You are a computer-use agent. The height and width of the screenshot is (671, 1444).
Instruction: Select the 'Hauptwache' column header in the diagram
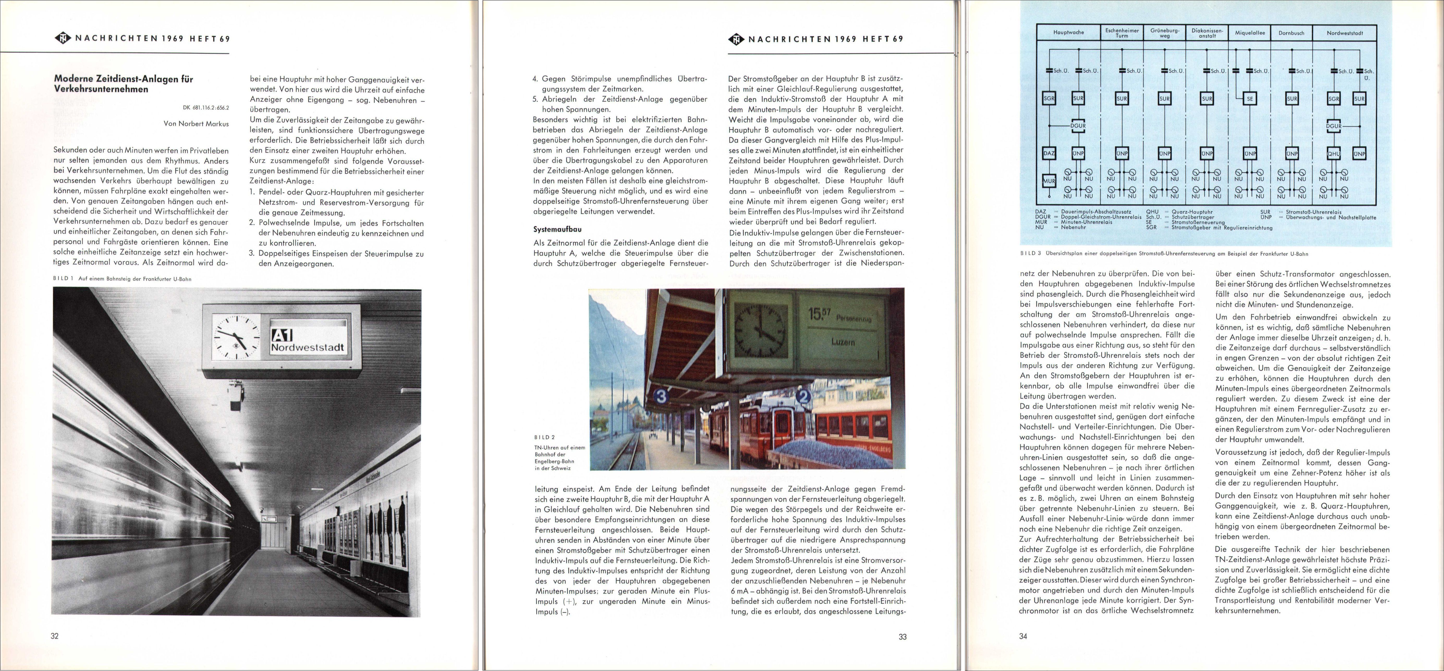1068,33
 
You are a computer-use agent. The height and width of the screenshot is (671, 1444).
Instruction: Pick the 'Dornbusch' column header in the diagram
1291,33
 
